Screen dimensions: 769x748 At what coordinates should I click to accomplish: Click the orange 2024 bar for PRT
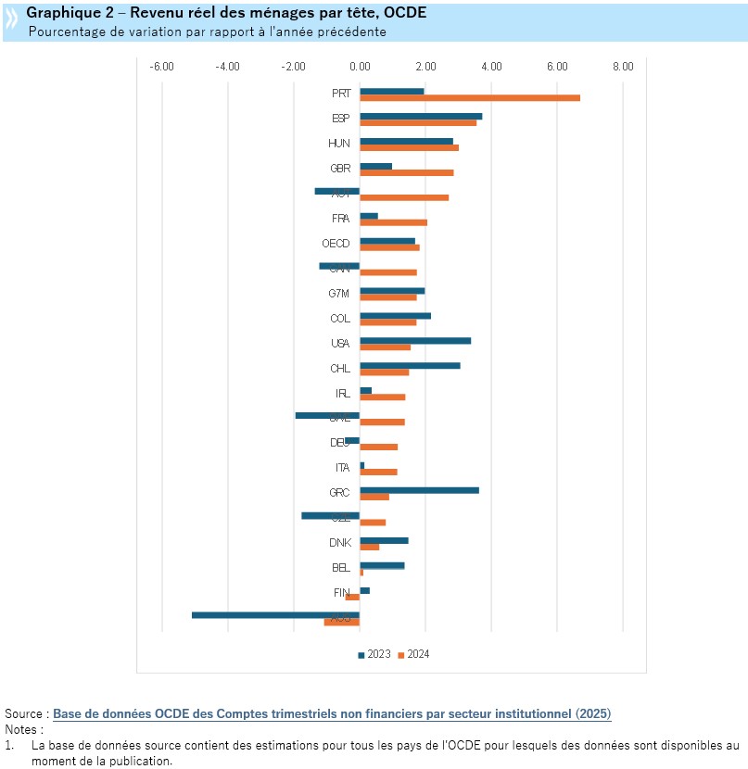tap(470, 97)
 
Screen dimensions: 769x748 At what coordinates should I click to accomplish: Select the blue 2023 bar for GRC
tap(419, 489)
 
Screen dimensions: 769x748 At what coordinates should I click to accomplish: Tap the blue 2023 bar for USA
tap(415, 340)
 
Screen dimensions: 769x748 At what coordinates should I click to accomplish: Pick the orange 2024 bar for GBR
tap(407, 172)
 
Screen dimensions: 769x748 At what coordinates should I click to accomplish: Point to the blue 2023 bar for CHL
tap(410, 365)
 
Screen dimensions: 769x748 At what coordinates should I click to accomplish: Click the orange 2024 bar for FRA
tap(393, 222)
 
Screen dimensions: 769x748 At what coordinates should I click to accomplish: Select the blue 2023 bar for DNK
tap(384, 540)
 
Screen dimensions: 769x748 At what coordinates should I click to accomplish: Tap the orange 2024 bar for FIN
tap(352, 597)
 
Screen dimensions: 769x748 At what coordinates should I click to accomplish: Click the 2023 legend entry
tap(374, 655)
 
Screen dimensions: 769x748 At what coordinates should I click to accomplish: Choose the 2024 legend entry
tap(414, 655)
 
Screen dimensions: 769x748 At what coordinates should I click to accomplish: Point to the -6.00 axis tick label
tap(161, 67)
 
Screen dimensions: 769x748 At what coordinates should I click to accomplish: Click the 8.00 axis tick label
tap(623, 67)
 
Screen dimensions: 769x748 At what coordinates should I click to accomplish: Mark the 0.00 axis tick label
tap(360, 67)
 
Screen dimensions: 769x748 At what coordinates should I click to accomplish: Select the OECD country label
tap(335, 244)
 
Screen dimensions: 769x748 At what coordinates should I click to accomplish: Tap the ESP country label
tap(340, 119)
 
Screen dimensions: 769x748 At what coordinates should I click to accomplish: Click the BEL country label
tap(340, 568)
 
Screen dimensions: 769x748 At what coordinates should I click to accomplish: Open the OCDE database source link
tap(332, 714)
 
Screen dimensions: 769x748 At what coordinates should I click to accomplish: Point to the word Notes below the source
tap(22, 729)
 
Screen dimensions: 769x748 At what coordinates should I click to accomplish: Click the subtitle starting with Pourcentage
tap(207, 32)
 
